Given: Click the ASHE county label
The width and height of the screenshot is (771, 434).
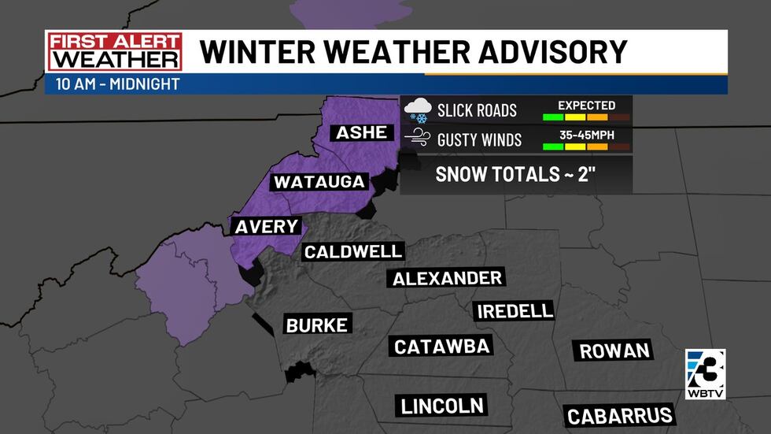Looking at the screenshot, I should pos(362,132).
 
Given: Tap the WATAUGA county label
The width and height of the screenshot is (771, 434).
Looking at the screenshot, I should pos(319,182).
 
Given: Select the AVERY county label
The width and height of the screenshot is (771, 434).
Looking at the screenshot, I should pos(266,227).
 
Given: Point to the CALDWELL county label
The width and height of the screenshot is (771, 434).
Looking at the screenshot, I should pos(353,252).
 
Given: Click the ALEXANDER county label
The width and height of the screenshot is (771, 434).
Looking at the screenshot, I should pos(447,278).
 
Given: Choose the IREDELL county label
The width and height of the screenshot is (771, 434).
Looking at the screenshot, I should pos(515,311).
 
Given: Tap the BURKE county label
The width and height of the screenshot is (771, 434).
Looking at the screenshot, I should pos(316,325).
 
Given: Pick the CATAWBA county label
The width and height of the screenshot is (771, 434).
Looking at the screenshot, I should pos(442,347).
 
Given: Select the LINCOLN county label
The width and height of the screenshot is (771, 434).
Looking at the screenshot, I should pos(441,406).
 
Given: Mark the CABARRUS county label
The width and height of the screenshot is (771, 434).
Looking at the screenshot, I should pos(620,415).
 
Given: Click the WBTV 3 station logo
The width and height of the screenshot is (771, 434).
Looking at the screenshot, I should pos(706,373).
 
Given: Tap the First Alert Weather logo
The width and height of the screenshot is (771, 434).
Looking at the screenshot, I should pos(114,52).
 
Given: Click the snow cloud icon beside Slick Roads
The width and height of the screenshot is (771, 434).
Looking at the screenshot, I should pos(416,110).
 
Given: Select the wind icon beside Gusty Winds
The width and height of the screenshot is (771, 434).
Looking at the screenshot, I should pos(416,139).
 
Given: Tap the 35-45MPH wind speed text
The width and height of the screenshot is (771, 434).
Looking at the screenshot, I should pos(586,134).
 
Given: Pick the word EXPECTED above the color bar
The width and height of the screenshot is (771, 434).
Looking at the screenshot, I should pos(586,105).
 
